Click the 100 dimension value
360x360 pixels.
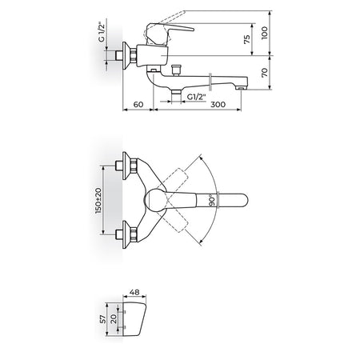click(264, 33)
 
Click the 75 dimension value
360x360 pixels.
click(247, 39)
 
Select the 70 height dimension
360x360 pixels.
click(264, 72)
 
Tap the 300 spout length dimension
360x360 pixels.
click(218, 104)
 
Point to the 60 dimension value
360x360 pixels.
click(138, 104)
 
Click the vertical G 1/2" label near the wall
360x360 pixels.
click(101, 32)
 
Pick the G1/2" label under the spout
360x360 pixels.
click(197, 97)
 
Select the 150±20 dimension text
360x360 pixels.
click(98, 200)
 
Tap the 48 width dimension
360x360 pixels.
click(134, 292)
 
